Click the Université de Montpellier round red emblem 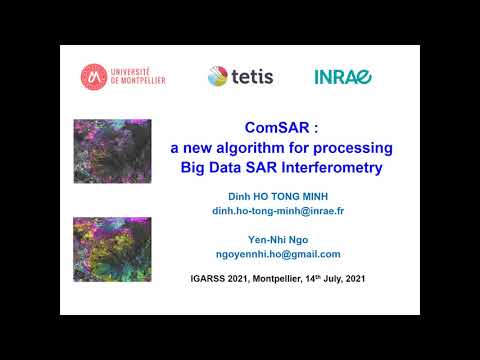[x=94, y=75]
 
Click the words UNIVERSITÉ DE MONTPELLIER [x=137, y=75]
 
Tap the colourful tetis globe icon [x=219, y=76]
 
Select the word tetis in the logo [x=252, y=76]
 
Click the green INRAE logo [x=343, y=76]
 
